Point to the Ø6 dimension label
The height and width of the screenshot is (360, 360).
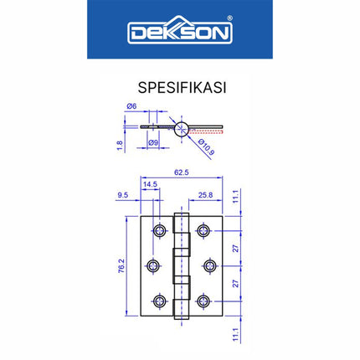pos(131,105)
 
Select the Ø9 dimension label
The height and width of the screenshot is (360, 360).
pos(154,143)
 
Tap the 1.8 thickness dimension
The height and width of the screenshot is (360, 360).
pos(120,144)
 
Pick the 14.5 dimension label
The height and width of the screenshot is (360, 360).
pos(151,185)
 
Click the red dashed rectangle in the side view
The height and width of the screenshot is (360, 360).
pos(207,130)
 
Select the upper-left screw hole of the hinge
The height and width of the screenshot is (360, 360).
pos(158,230)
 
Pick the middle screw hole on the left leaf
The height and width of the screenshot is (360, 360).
pos(152,266)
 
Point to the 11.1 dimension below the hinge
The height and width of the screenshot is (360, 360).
pos(236,333)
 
